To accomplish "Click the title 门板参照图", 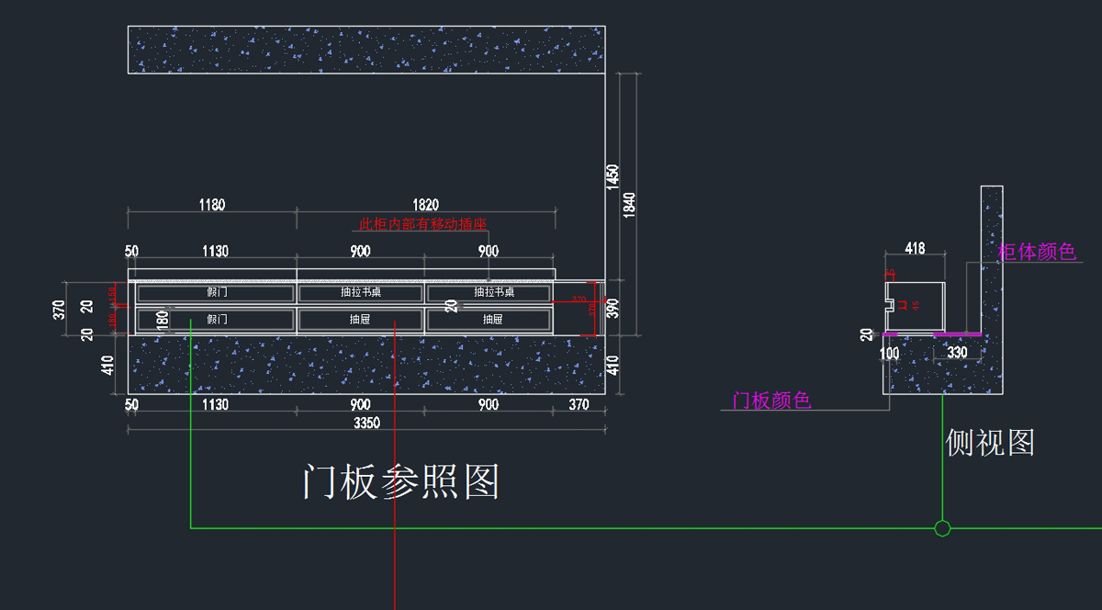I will pyautogui.click(x=400, y=481).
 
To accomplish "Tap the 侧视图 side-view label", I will pyautogui.click(x=990, y=443).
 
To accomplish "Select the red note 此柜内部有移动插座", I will pyautogui.click(x=422, y=224).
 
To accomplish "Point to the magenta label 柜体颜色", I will pyautogui.click(x=1037, y=252).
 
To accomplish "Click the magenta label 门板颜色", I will pyautogui.click(x=771, y=401).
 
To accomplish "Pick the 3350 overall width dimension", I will pyautogui.click(x=366, y=423).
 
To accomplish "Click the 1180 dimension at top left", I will pyautogui.click(x=211, y=205).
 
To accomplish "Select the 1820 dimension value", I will pyautogui.click(x=425, y=205).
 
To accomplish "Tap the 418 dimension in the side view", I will pyautogui.click(x=915, y=248).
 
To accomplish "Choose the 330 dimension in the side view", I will pyautogui.click(x=957, y=353).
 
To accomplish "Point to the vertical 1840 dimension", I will pyautogui.click(x=629, y=203).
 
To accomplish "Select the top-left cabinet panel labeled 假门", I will pyautogui.click(x=217, y=292).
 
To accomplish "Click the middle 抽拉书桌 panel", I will pyautogui.click(x=360, y=292).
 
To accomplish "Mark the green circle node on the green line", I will pyautogui.click(x=942, y=528).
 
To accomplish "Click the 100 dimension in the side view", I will pyautogui.click(x=889, y=353).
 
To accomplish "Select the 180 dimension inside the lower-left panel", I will pyautogui.click(x=163, y=320).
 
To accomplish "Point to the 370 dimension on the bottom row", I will pyautogui.click(x=579, y=405).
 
